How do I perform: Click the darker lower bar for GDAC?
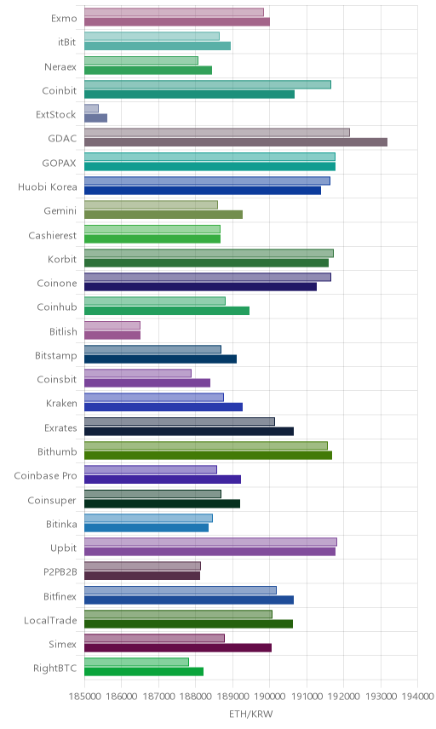tap(236, 142)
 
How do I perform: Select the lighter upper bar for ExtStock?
tap(92, 108)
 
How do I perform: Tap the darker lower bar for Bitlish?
tap(112, 336)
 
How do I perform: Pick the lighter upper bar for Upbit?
tap(210, 542)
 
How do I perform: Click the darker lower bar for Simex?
tap(178, 647)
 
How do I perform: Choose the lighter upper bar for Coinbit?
tap(208, 84)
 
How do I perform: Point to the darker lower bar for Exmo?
tap(177, 22)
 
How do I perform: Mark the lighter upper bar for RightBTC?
tap(136, 662)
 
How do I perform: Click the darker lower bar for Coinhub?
tap(167, 311)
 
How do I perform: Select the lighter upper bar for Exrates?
tap(180, 422)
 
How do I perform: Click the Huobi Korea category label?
tap(48, 187)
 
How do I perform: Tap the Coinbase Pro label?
tap(45, 475)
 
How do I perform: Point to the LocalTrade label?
tap(50, 620)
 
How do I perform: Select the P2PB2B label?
tap(60, 571)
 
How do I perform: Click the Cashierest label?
tap(53, 235)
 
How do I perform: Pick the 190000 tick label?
tap(270, 696)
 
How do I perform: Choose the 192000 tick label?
tap(343, 696)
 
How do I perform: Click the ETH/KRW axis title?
tap(251, 714)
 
